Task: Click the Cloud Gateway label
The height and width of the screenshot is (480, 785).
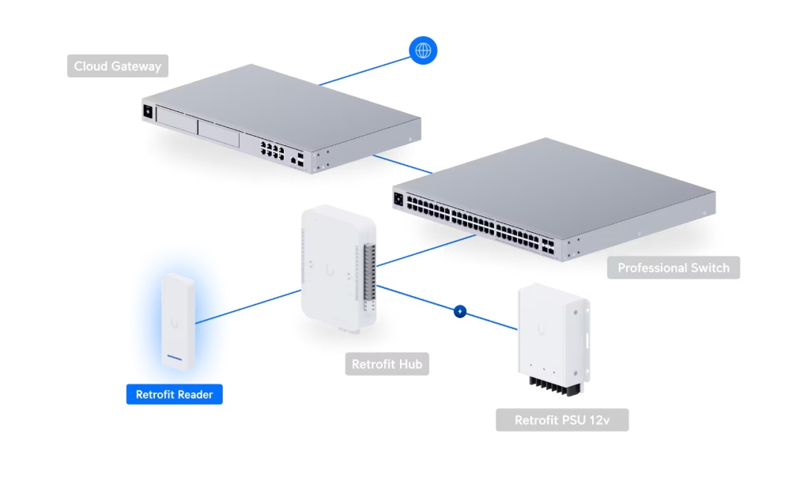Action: [x=117, y=66]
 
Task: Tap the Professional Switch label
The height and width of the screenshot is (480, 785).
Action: [x=673, y=268]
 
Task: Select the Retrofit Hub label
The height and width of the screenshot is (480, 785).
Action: [x=387, y=364]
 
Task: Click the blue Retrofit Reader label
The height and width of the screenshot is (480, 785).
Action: [x=174, y=394]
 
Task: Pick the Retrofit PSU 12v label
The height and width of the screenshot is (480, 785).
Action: [x=561, y=420]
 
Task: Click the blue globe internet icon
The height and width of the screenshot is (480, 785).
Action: [x=423, y=51]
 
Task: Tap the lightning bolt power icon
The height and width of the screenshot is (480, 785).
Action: [x=460, y=312]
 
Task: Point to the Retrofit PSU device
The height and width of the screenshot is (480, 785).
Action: [x=551, y=336]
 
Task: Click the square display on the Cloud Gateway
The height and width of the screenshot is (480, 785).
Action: [x=148, y=112]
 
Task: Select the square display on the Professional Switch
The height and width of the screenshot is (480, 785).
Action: [x=398, y=199]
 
